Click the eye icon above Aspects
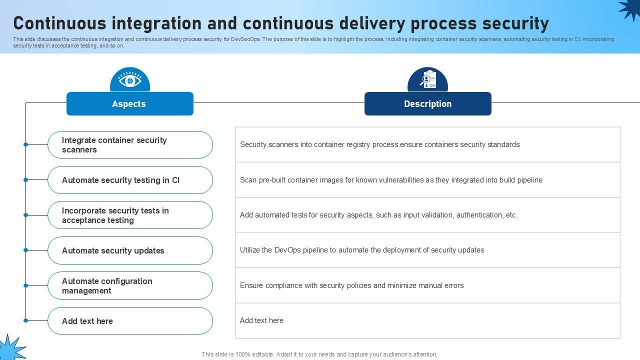pyautogui.click(x=130, y=80)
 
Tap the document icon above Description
pyautogui.click(x=428, y=80)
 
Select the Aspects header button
pyautogui.click(x=130, y=104)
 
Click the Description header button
pyautogui.click(x=428, y=104)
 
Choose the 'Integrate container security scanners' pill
pyautogui.click(x=130, y=145)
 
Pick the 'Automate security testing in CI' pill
pyautogui.click(x=130, y=180)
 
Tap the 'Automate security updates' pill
pyautogui.click(x=130, y=250)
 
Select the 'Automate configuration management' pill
pyautogui.click(x=130, y=285)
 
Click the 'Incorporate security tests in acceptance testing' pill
pyautogui.click(x=130, y=215)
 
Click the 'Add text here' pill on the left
pyautogui.click(x=130, y=321)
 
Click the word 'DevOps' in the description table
pyautogui.click(x=287, y=250)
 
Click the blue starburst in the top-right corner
pyautogui.click(x=630, y=9)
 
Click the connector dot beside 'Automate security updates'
pyautogui.click(x=25, y=250)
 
